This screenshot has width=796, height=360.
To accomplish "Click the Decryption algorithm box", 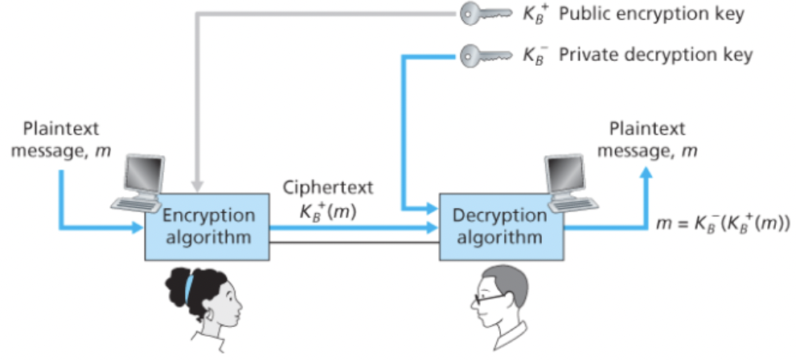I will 500,227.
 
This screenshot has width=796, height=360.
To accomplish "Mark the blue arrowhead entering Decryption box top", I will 429,208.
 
